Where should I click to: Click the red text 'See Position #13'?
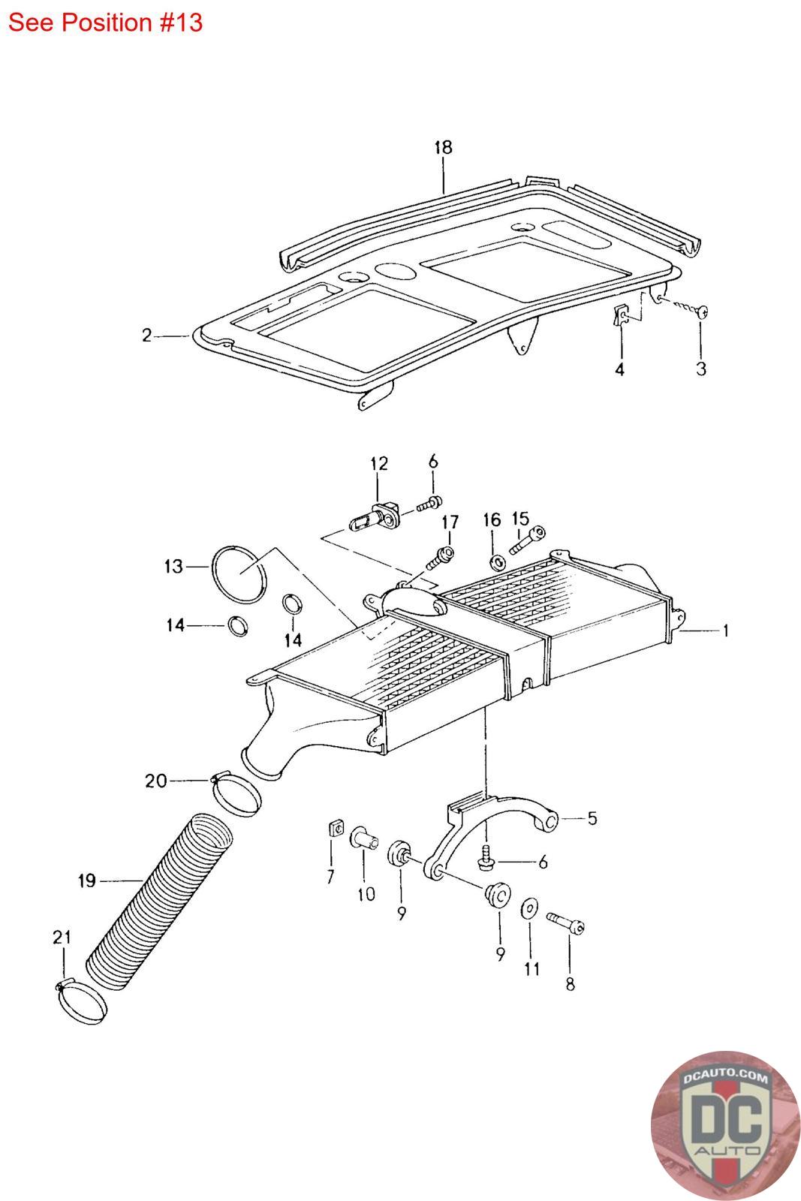(105, 23)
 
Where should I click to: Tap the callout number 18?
(444, 147)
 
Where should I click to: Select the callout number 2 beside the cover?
(146, 336)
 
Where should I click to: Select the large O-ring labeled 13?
(239, 574)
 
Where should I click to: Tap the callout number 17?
(450, 522)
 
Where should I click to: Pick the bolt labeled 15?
(528, 540)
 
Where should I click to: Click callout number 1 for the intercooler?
(726, 631)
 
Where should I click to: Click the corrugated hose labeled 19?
(159, 902)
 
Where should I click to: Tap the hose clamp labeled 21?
(81, 1001)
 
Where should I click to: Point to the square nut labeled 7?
(336, 829)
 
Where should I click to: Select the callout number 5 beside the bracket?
(592, 818)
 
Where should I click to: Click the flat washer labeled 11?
(530, 908)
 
